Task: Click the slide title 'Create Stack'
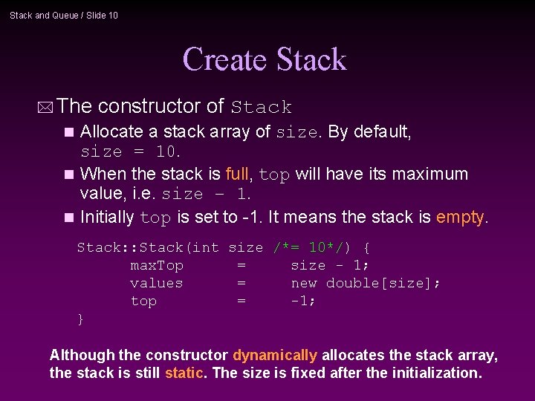(x=265, y=60)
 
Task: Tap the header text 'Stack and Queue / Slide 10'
(x=64, y=15)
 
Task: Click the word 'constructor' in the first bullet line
(x=160, y=106)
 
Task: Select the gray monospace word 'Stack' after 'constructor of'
(x=262, y=108)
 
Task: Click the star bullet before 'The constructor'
(x=47, y=107)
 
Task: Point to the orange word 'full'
(x=238, y=174)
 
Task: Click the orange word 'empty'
(x=460, y=217)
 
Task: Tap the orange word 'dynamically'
(x=275, y=356)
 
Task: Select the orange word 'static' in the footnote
(x=184, y=373)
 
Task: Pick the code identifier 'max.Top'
(x=156, y=265)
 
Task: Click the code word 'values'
(x=156, y=283)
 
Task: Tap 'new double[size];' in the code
(x=366, y=283)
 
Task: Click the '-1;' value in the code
(x=303, y=301)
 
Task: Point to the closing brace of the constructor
(x=80, y=319)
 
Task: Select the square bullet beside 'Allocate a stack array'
(x=70, y=133)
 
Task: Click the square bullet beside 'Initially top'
(x=70, y=218)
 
